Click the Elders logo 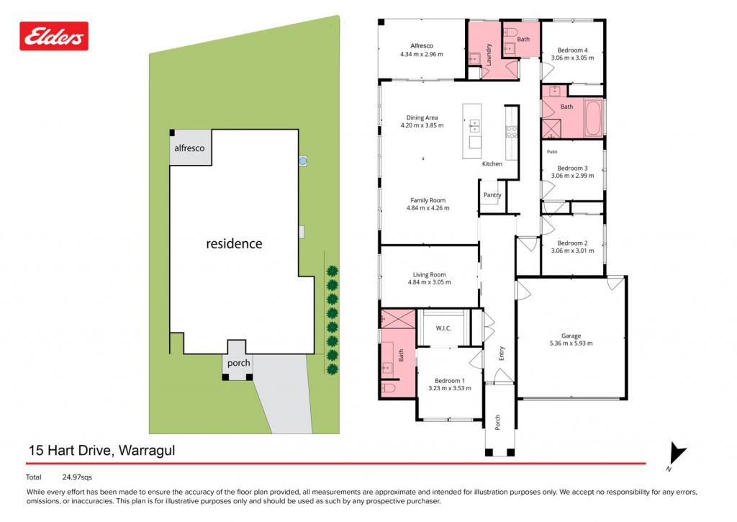click(54, 36)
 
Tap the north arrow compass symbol click(677, 454)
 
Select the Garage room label click(571, 336)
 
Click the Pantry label click(492, 194)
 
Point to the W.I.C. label click(443, 328)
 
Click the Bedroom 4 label click(572, 50)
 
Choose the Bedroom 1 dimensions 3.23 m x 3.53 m click(450, 388)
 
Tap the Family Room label click(428, 200)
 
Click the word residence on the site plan click(234, 243)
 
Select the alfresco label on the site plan click(189, 148)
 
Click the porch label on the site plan click(239, 363)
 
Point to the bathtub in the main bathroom click(593, 118)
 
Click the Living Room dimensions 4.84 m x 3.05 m click(429, 282)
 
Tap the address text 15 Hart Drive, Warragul click(102, 451)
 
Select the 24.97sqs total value click(77, 477)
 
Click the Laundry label click(489, 54)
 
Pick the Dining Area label click(422, 117)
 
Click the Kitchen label click(492, 163)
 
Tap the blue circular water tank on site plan click(303, 161)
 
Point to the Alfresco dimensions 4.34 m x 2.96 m click(422, 54)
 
